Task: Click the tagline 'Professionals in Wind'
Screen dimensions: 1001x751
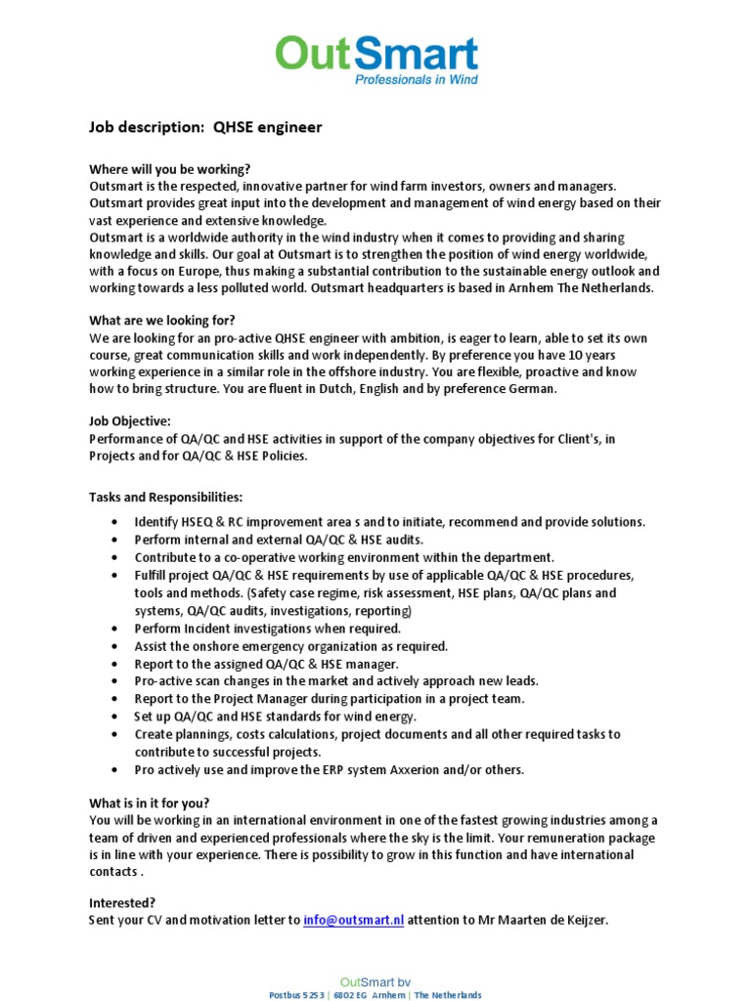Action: [x=416, y=79]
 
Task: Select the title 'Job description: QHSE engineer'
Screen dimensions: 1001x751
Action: [x=205, y=127]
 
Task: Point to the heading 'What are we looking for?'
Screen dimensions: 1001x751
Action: [x=162, y=320]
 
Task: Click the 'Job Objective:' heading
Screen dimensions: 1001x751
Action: [x=130, y=420]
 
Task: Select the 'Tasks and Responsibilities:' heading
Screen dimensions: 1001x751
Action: [x=166, y=497]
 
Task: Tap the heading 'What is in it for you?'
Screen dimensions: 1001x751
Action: [x=149, y=803]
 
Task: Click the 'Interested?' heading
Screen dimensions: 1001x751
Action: [x=122, y=902]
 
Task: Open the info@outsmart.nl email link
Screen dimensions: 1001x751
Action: [x=353, y=920]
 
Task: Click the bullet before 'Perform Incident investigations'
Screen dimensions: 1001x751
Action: [x=117, y=629]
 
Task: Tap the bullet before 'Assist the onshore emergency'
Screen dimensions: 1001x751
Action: [x=117, y=646]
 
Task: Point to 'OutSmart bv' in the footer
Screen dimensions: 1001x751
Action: [x=375, y=980]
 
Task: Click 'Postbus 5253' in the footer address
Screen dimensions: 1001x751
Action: [x=296, y=994]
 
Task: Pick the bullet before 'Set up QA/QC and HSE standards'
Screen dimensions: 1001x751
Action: [x=117, y=717]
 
